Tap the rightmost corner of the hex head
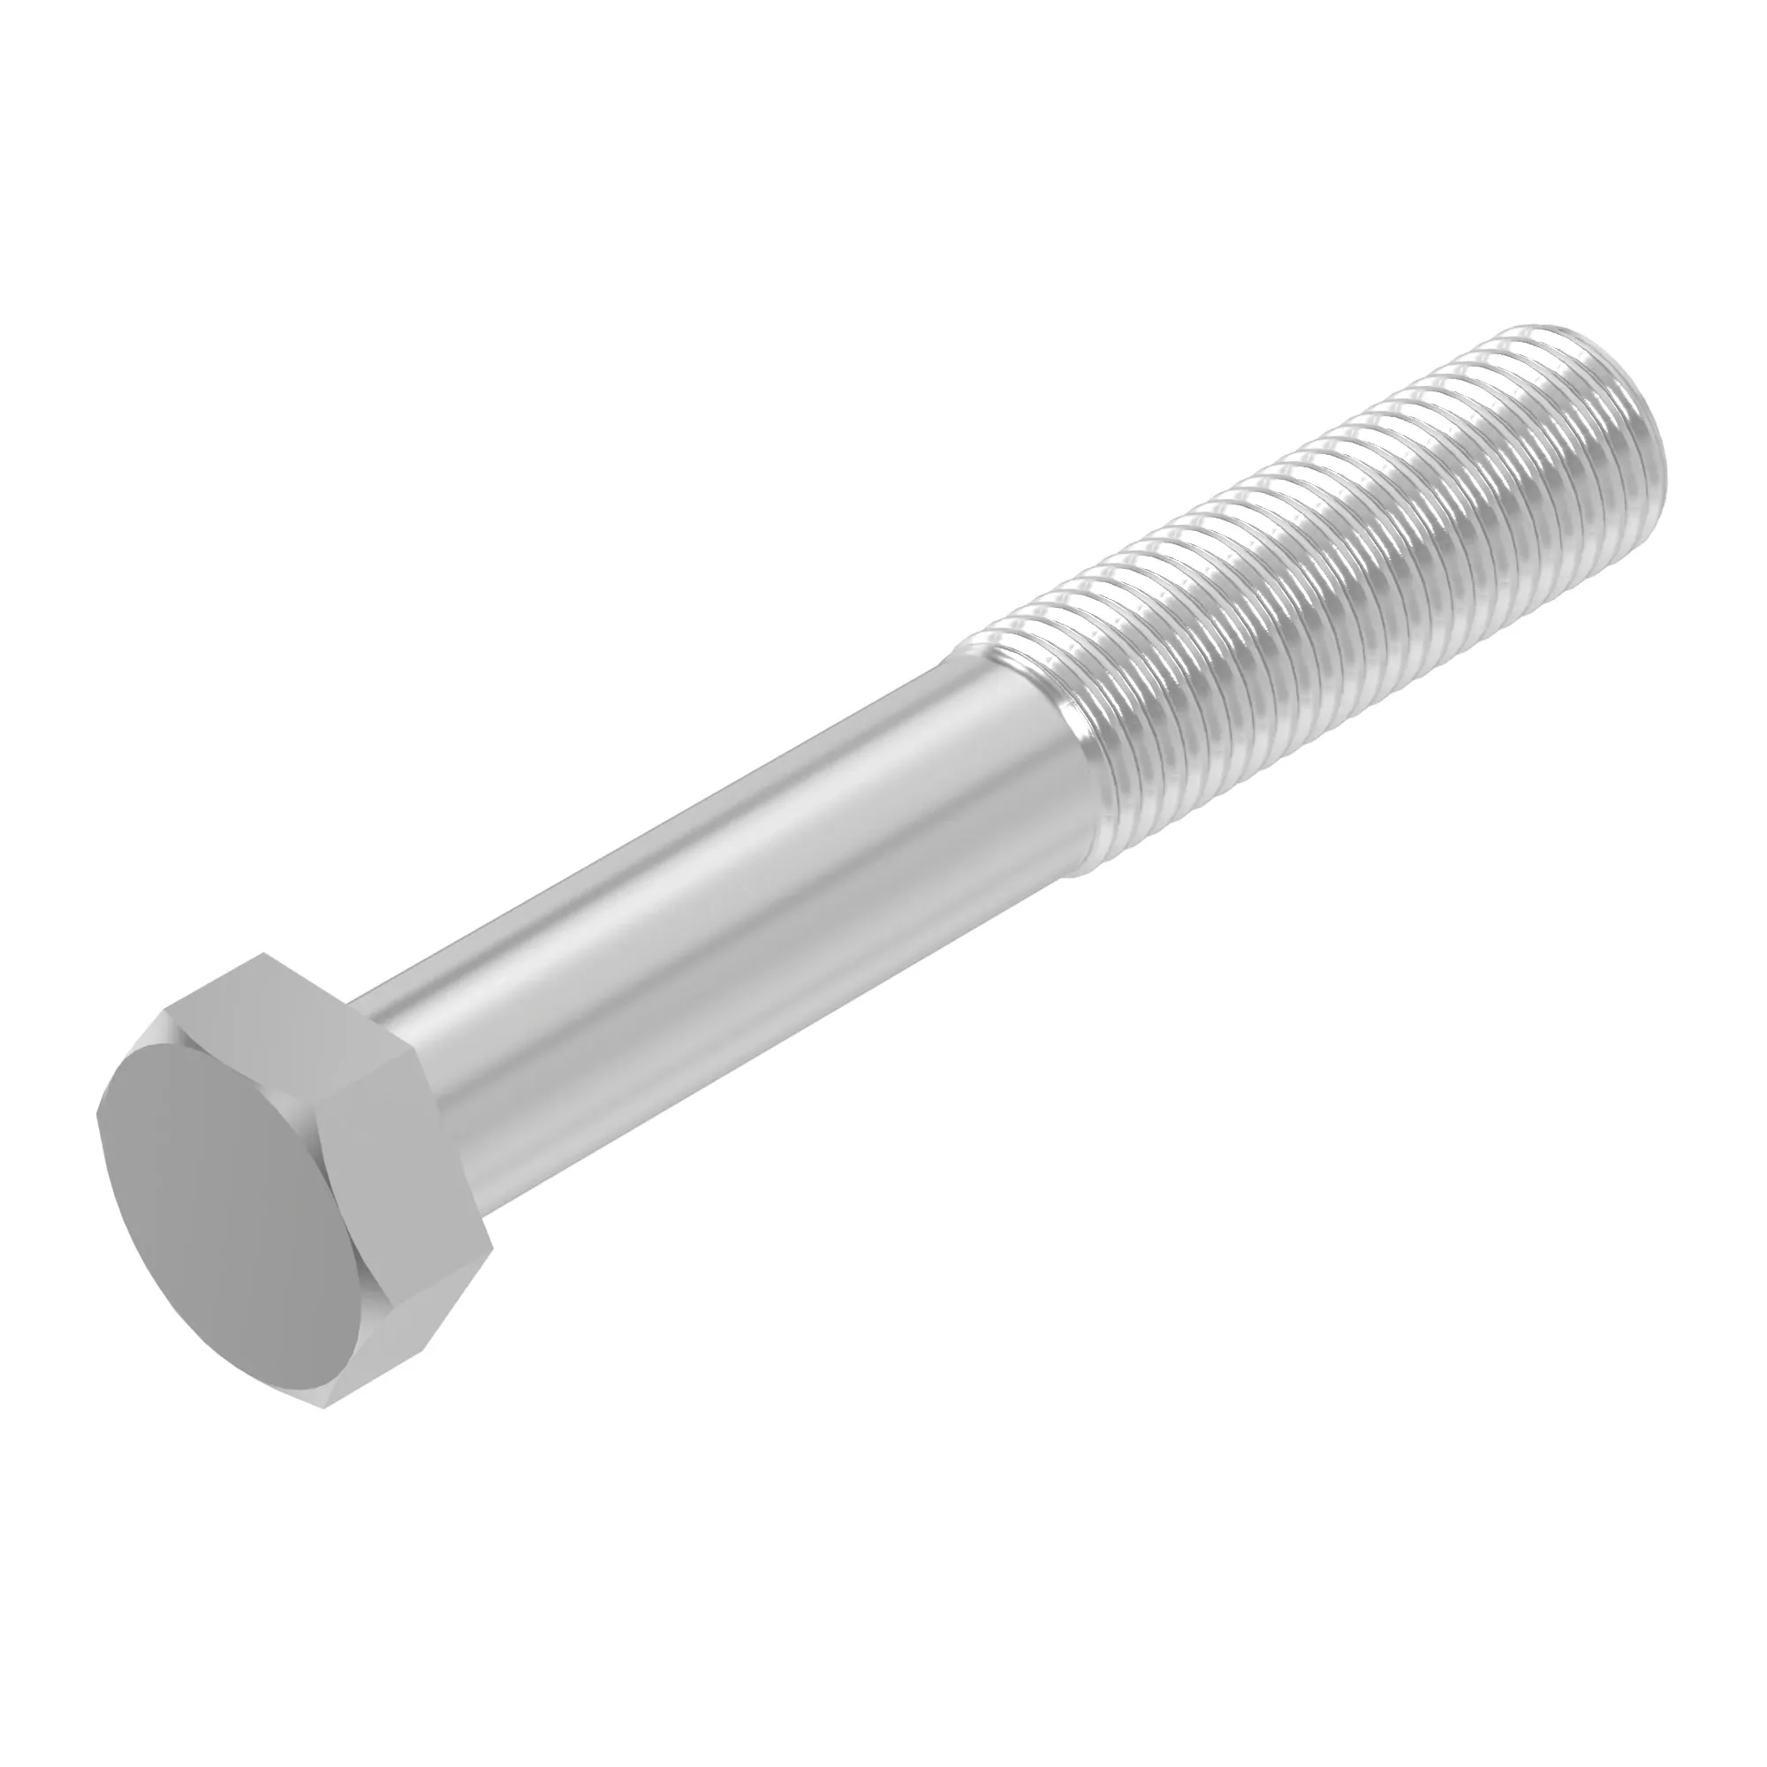(x=493, y=1249)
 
